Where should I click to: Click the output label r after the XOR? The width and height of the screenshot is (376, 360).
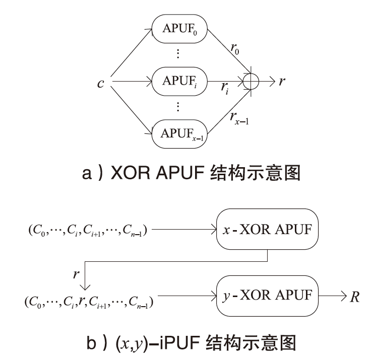click(x=282, y=81)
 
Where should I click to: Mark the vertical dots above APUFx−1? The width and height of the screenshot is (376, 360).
click(x=179, y=107)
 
